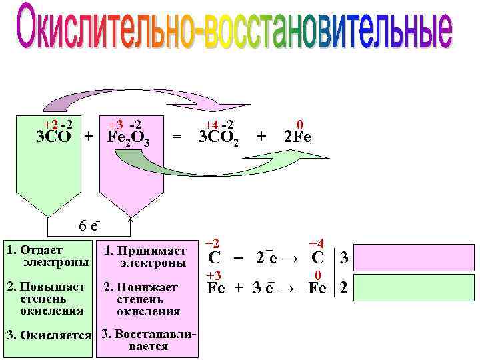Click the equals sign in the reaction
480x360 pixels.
tap(177, 138)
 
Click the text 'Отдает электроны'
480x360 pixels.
tap(46, 257)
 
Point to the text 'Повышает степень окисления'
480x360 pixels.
tap(47, 299)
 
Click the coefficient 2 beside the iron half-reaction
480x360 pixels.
tap(343, 289)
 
